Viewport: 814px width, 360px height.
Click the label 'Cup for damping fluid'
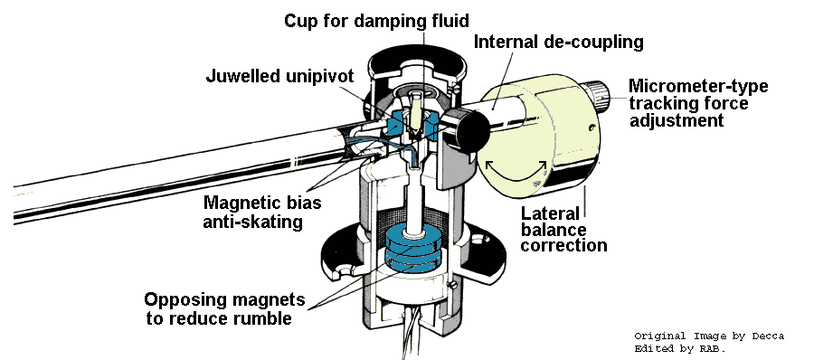pos(376,21)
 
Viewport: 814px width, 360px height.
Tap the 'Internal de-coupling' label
pos(559,42)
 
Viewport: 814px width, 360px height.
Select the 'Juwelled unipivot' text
pos(279,76)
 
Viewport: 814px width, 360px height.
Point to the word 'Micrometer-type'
pos(698,86)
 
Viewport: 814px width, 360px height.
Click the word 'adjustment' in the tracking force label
pos(677,120)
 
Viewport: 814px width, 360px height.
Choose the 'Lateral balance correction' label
pos(563,229)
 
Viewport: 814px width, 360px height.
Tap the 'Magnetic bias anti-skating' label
pos(262,212)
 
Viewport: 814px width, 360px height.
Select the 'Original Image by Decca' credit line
pos(709,336)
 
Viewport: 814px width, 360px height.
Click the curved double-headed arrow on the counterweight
pos(516,174)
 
